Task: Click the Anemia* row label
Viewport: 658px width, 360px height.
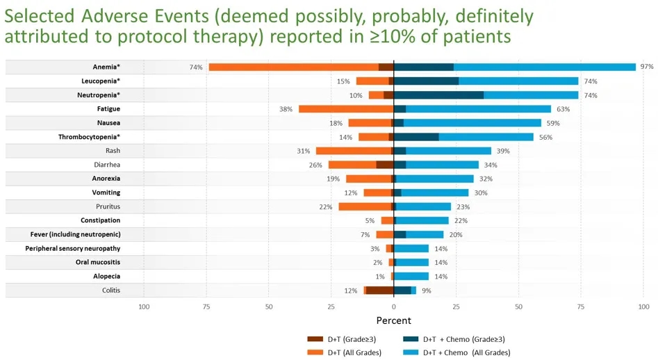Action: (x=106, y=67)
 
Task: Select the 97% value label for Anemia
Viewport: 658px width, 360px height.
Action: (x=648, y=67)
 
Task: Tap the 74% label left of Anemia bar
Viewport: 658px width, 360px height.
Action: (x=196, y=67)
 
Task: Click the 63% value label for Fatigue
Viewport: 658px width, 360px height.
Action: (x=563, y=109)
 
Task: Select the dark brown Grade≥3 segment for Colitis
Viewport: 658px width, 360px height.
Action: (x=379, y=291)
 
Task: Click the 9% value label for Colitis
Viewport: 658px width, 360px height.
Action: (x=427, y=291)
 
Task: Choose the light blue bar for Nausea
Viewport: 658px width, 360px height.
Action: (x=472, y=123)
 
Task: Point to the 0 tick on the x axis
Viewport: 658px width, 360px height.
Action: (x=394, y=306)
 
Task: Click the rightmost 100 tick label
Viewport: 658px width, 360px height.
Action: (x=643, y=306)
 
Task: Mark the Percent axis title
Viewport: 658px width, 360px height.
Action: (x=394, y=320)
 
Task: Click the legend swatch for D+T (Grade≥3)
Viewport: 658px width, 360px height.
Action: (x=315, y=339)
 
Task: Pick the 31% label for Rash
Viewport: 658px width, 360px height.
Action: (x=303, y=151)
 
